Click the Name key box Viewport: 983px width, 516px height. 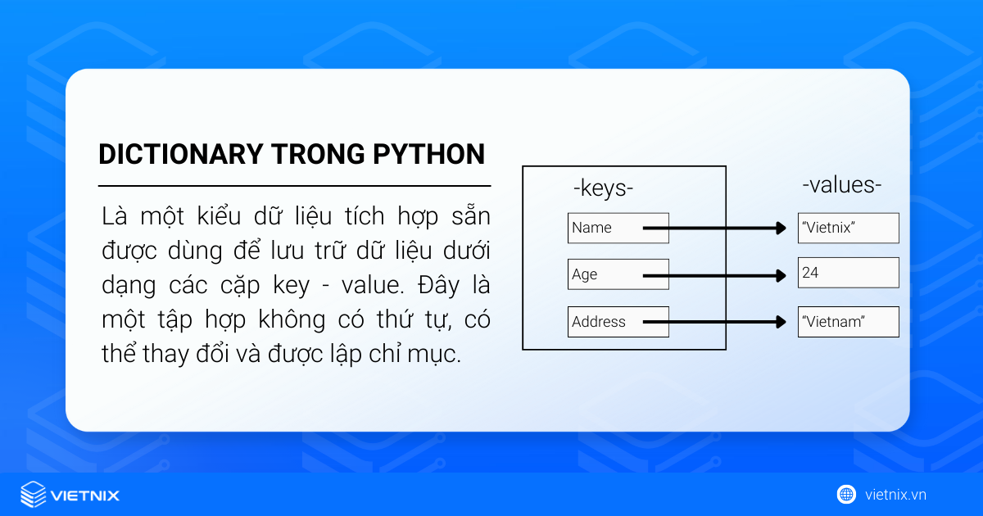point(618,229)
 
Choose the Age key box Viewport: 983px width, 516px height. point(618,275)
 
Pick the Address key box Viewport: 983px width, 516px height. point(618,322)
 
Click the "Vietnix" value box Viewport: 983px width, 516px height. point(848,229)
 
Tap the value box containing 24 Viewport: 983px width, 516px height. point(848,274)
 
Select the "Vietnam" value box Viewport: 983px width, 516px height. point(848,322)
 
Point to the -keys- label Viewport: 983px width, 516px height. point(603,188)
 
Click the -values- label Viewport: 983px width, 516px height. point(841,185)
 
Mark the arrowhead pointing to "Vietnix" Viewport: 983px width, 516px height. point(781,229)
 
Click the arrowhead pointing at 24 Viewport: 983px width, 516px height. point(781,275)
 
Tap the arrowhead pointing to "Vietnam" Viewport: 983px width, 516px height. point(781,322)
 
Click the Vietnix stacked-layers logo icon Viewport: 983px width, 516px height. point(33,495)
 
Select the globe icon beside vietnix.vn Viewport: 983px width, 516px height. point(846,494)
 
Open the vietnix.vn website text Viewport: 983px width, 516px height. point(895,495)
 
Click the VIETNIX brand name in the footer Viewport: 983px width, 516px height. point(85,496)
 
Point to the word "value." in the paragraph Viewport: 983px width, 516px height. point(369,286)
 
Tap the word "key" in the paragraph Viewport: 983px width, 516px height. point(291,286)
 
